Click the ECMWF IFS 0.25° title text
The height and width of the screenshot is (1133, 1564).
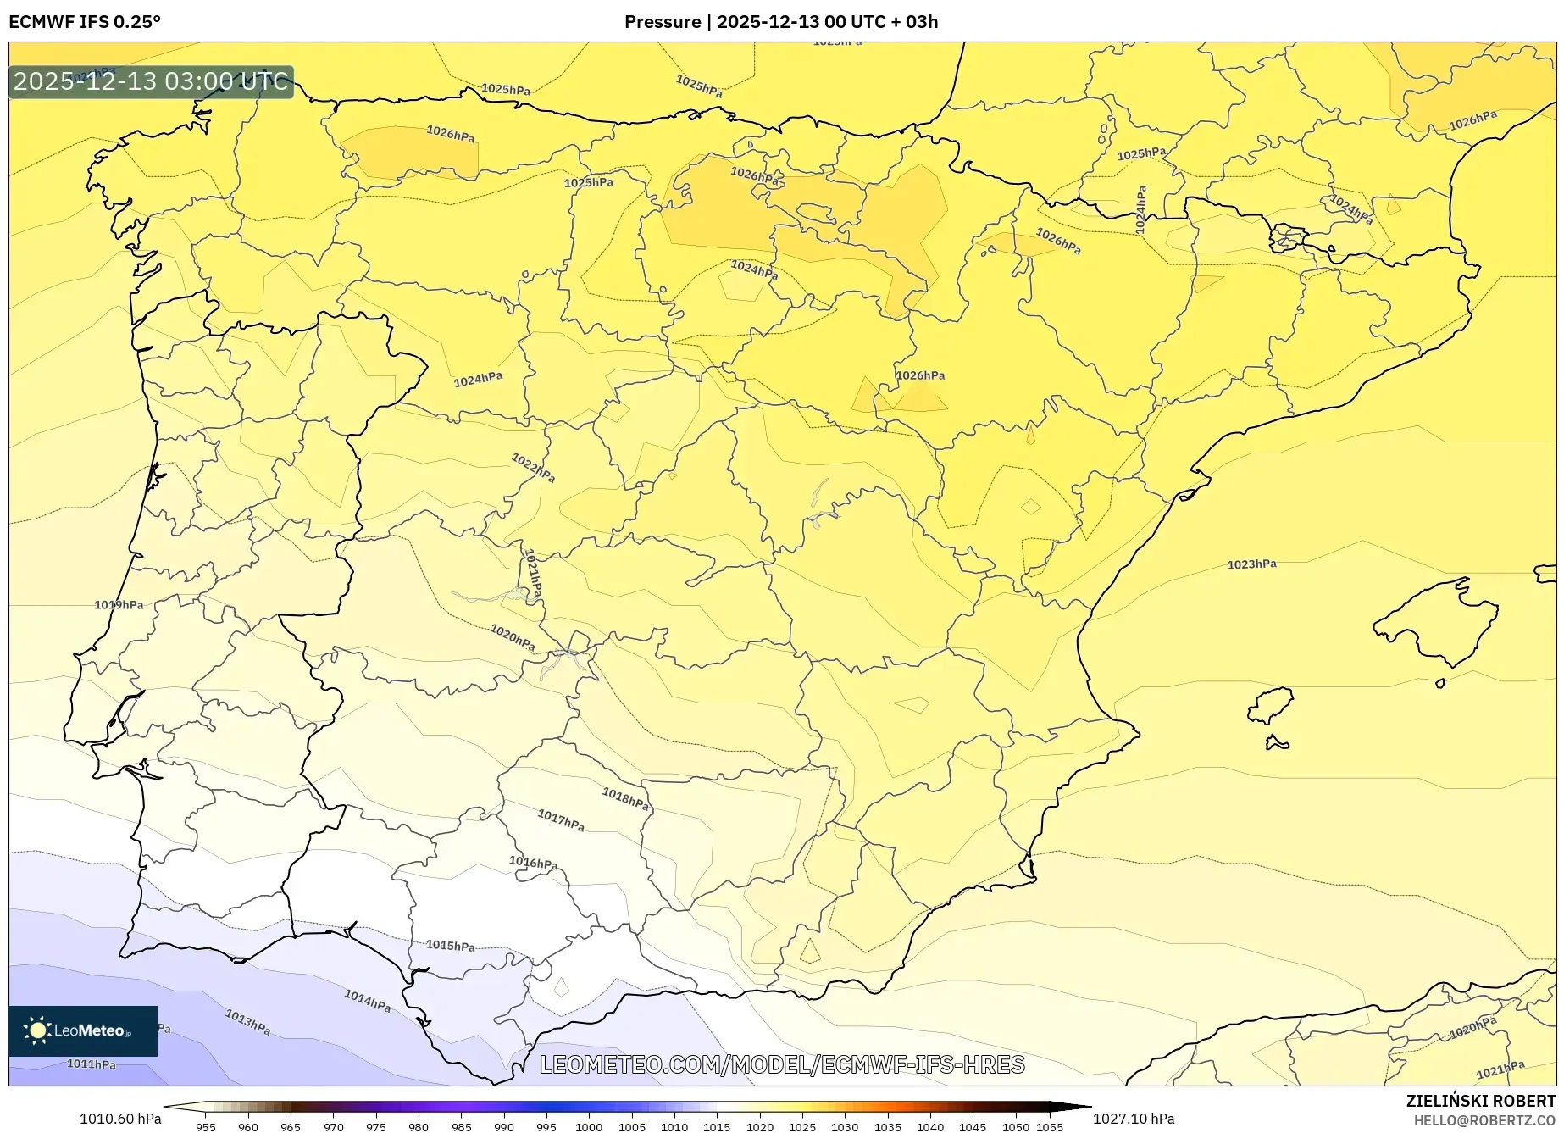pos(85,22)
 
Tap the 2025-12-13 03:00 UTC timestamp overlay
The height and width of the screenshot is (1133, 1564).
pos(151,81)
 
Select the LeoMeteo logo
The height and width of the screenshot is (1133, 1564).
pos(83,1030)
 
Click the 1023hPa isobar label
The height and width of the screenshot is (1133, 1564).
pos(1251,564)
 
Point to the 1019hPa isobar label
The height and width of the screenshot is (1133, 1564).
pos(119,605)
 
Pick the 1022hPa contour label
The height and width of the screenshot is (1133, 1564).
pos(533,468)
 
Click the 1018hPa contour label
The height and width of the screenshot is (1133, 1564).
pos(625,798)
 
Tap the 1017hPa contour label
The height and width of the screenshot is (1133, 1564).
pos(561,819)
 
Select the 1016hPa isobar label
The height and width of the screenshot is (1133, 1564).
pos(533,863)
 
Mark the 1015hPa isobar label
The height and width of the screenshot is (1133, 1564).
pos(450,946)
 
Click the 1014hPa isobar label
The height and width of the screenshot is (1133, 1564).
pos(368,1001)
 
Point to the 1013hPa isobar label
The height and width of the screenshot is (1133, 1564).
pos(247,1021)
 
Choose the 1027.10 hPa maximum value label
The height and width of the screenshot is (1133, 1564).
pos(1134,1119)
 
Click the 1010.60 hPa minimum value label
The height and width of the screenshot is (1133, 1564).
pos(120,1119)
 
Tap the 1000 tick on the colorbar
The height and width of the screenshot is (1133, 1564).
pos(589,1127)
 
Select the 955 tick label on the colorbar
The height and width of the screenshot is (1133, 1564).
pos(205,1127)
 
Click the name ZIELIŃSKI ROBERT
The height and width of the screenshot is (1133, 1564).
pos(1480,1101)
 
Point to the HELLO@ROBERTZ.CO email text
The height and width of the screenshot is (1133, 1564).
pos(1484,1120)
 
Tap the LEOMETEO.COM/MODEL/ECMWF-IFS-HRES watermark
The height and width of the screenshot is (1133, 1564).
pos(782,1064)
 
